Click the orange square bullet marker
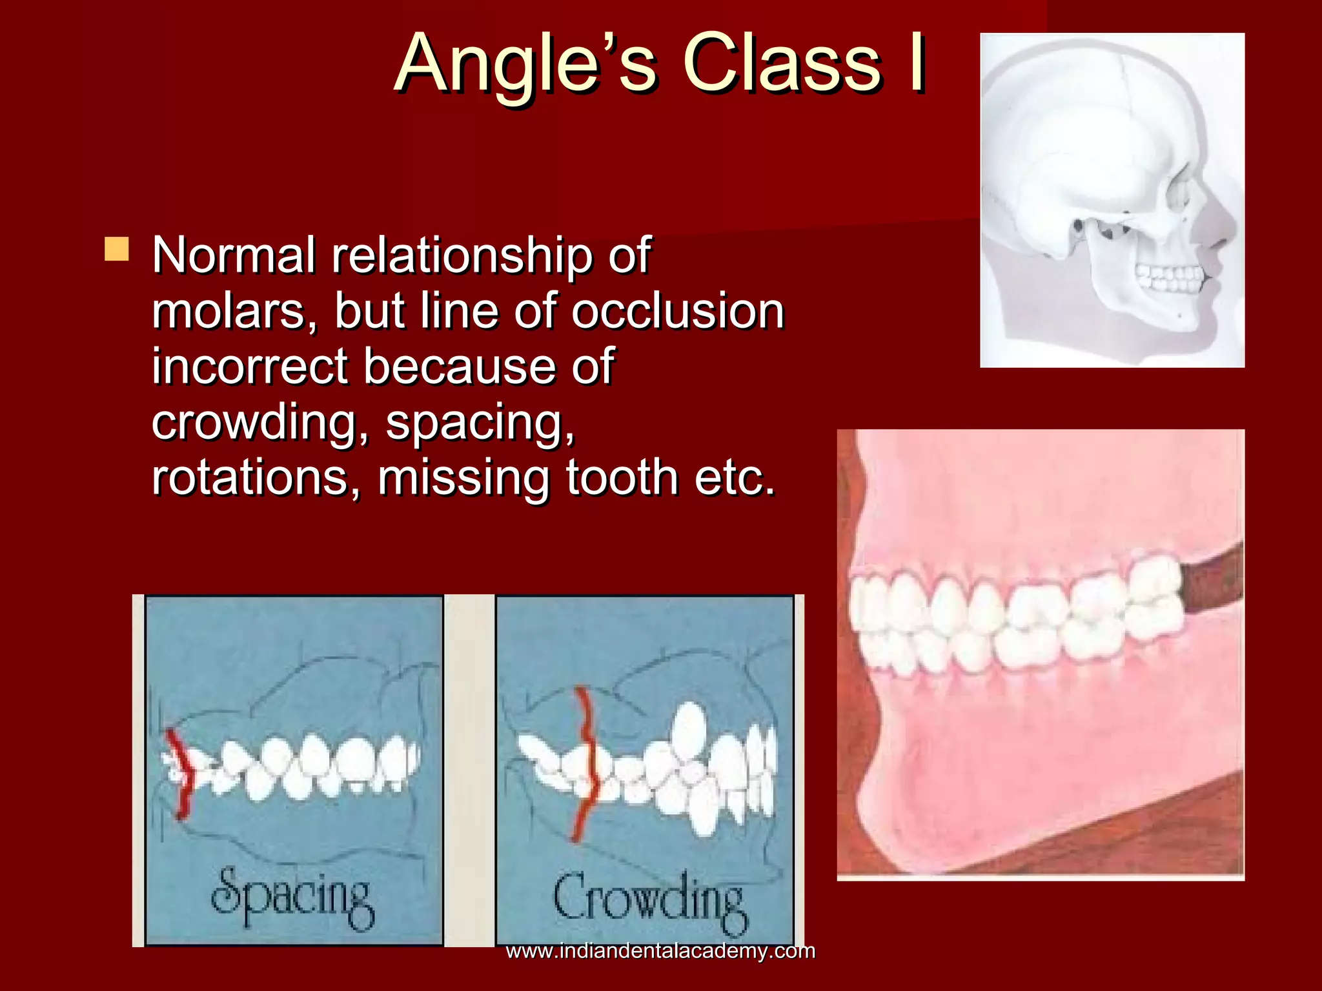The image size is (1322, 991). [117, 249]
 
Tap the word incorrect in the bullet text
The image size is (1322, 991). [249, 366]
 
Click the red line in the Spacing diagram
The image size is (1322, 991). [180, 774]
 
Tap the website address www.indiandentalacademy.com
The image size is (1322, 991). [660, 951]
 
